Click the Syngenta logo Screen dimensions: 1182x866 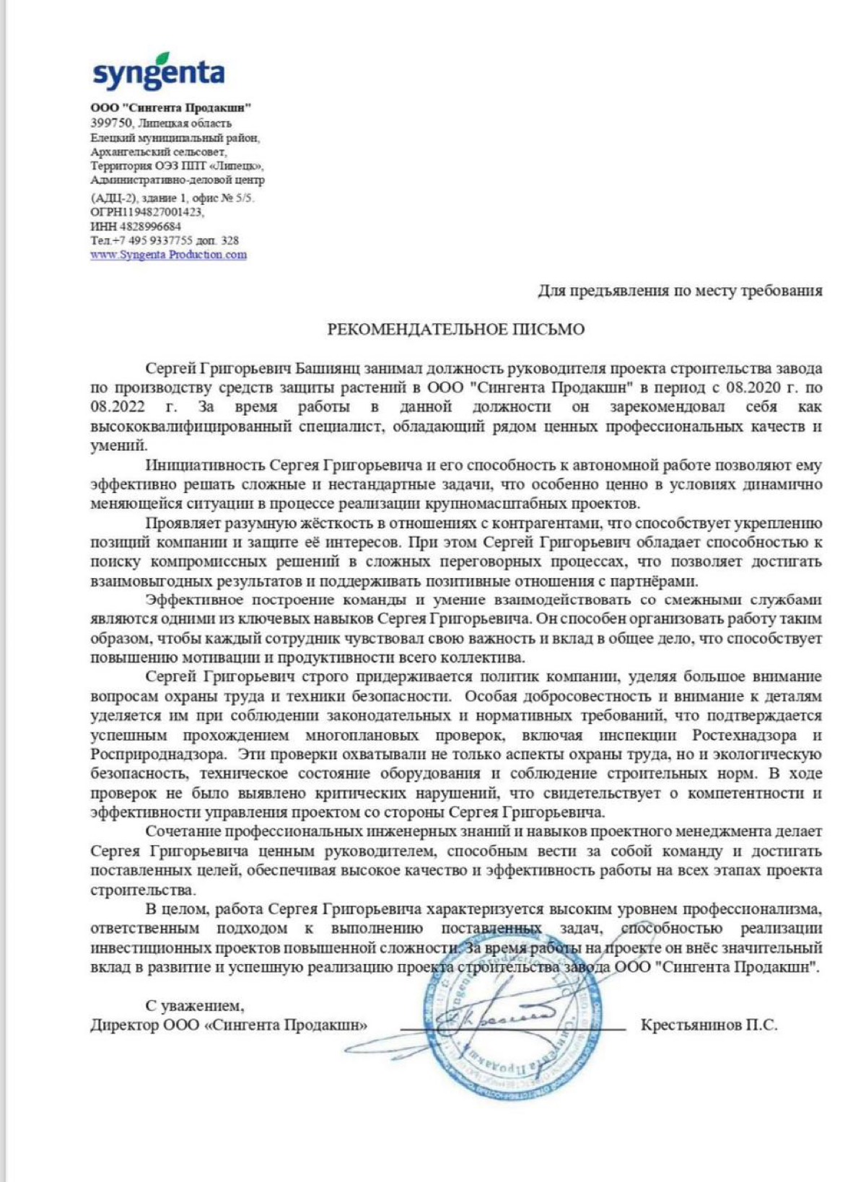tap(159, 72)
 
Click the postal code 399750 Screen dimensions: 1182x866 tap(111, 123)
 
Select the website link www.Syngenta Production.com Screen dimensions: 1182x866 tap(169, 255)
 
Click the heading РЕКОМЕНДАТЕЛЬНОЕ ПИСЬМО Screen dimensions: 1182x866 tap(455, 330)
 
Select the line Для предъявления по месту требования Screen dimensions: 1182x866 tap(680, 291)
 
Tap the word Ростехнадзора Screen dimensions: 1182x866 tap(745, 735)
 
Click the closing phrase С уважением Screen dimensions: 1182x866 tap(195, 1005)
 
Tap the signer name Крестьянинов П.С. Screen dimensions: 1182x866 tap(709, 1025)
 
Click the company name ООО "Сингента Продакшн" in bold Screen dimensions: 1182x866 tap(171, 108)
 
